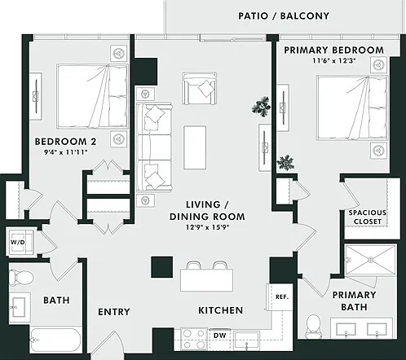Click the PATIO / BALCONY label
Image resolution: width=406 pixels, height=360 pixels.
284,16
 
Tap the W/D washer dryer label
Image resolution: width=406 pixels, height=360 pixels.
18,242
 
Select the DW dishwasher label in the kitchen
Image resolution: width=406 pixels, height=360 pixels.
219,336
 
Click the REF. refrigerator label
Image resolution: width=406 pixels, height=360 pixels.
282,297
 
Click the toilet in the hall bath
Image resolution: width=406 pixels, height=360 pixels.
20,278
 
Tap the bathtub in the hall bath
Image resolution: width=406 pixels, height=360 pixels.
55,340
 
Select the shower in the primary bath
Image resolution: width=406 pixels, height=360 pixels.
370,260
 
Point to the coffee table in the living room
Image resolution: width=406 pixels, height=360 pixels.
195,147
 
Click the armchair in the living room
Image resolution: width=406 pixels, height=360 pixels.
200,89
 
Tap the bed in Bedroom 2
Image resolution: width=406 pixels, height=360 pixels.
92,96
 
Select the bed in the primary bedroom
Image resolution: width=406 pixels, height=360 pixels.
352,108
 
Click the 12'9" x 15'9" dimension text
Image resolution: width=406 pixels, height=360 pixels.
208,227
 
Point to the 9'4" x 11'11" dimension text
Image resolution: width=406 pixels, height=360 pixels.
66,152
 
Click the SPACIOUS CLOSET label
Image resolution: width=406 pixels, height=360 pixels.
368,217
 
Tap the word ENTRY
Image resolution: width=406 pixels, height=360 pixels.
114,312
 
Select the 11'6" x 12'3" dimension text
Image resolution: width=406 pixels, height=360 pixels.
334,60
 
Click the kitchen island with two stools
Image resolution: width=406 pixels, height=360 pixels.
207,277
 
